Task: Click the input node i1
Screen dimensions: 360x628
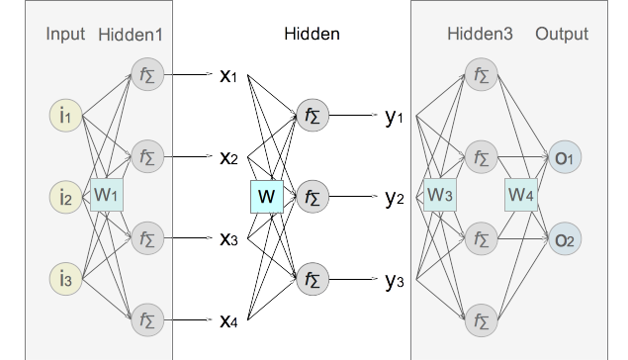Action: tap(65, 116)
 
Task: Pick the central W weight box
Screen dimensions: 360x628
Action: tap(267, 197)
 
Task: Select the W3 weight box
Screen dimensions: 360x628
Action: tap(440, 194)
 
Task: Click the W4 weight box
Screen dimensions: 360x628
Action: tap(521, 194)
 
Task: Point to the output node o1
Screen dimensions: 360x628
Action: tap(565, 157)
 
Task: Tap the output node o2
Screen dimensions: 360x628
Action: tap(565, 238)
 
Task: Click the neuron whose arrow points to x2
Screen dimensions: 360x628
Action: tap(146, 156)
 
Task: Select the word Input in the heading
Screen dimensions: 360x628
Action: tap(65, 35)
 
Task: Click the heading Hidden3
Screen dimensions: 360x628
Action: tap(481, 35)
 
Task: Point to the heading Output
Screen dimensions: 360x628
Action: tap(562, 35)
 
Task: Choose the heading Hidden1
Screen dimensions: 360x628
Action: tap(131, 35)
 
